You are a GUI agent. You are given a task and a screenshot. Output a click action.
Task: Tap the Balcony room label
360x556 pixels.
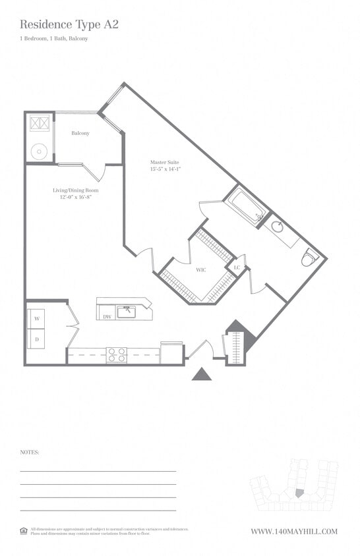[80, 133]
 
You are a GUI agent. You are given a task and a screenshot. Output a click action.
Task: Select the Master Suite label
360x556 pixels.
[164, 162]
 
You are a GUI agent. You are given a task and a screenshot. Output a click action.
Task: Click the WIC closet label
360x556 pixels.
[201, 269]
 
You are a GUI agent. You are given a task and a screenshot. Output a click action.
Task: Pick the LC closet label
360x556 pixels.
[237, 267]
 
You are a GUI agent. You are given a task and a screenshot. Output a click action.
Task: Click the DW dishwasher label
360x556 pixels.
[107, 316]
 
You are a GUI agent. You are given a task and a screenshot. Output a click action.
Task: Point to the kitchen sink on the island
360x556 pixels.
[127, 311]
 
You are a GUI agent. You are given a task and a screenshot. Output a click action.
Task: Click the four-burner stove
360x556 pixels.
[117, 355]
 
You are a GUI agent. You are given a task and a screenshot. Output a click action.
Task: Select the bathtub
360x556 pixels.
[245, 205]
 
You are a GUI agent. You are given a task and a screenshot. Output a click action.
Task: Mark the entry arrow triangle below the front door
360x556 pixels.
[202, 374]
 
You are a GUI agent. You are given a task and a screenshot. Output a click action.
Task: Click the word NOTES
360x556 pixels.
[30, 453]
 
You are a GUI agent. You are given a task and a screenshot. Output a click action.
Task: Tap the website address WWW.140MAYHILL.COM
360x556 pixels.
[294, 532]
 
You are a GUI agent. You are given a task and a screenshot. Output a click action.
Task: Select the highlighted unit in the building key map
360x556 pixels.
[299, 493]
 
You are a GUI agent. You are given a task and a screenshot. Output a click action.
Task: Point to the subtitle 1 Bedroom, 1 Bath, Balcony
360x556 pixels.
[53, 39]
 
